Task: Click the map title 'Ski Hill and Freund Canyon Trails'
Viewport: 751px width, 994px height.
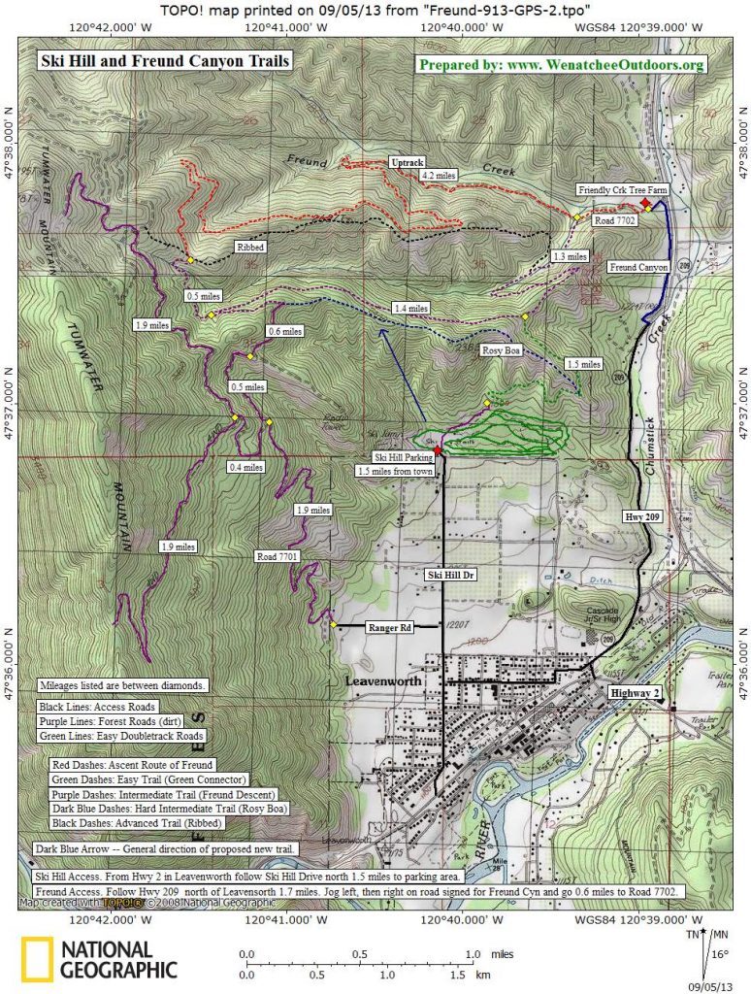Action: point(164,61)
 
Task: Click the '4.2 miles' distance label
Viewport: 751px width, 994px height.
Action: point(440,176)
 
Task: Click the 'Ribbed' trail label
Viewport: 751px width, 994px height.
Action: point(246,248)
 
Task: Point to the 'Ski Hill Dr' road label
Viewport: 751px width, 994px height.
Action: point(451,575)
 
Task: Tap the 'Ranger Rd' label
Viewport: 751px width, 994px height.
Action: point(390,628)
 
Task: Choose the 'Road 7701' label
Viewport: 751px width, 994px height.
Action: point(278,556)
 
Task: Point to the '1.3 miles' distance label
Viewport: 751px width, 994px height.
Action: point(570,256)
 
